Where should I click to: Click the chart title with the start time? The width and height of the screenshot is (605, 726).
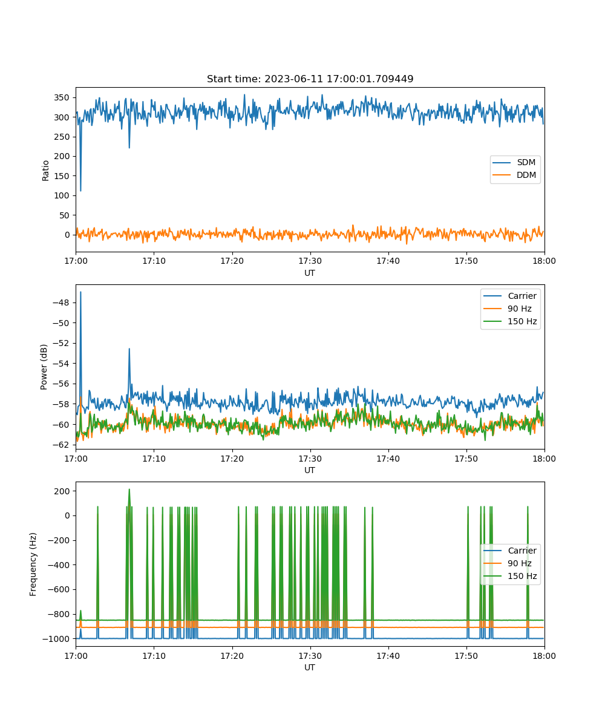(310, 79)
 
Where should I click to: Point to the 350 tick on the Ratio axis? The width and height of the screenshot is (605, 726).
(62, 97)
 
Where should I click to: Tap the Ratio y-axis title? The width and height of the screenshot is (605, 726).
(45, 171)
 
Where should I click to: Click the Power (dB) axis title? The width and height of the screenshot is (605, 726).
(44, 367)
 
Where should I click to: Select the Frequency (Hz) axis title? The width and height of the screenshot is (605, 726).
(33, 564)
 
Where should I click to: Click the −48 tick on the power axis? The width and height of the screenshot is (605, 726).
(61, 302)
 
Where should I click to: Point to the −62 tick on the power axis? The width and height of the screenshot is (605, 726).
(61, 445)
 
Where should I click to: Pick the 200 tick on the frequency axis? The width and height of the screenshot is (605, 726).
(62, 491)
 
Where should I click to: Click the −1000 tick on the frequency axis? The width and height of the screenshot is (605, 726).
(56, 639)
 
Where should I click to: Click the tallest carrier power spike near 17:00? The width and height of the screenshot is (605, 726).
(80, 292)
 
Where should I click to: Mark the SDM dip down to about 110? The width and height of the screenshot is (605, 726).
(80, 190)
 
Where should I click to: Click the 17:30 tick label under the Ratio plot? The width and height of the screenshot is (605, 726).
(310, 261)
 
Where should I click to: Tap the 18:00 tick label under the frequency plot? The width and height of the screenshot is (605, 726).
(544, 656)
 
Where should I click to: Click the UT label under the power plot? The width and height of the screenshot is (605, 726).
(309, 471)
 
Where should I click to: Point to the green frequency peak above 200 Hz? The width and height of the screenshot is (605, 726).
(129, 489)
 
